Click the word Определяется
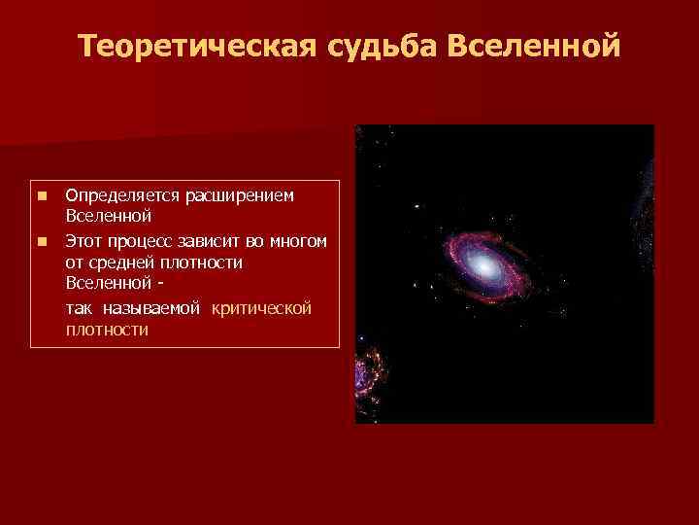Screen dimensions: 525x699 [x=114, y=196]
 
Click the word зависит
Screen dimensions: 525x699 [x=207, y=240]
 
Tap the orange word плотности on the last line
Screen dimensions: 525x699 [x=107, y=330]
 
